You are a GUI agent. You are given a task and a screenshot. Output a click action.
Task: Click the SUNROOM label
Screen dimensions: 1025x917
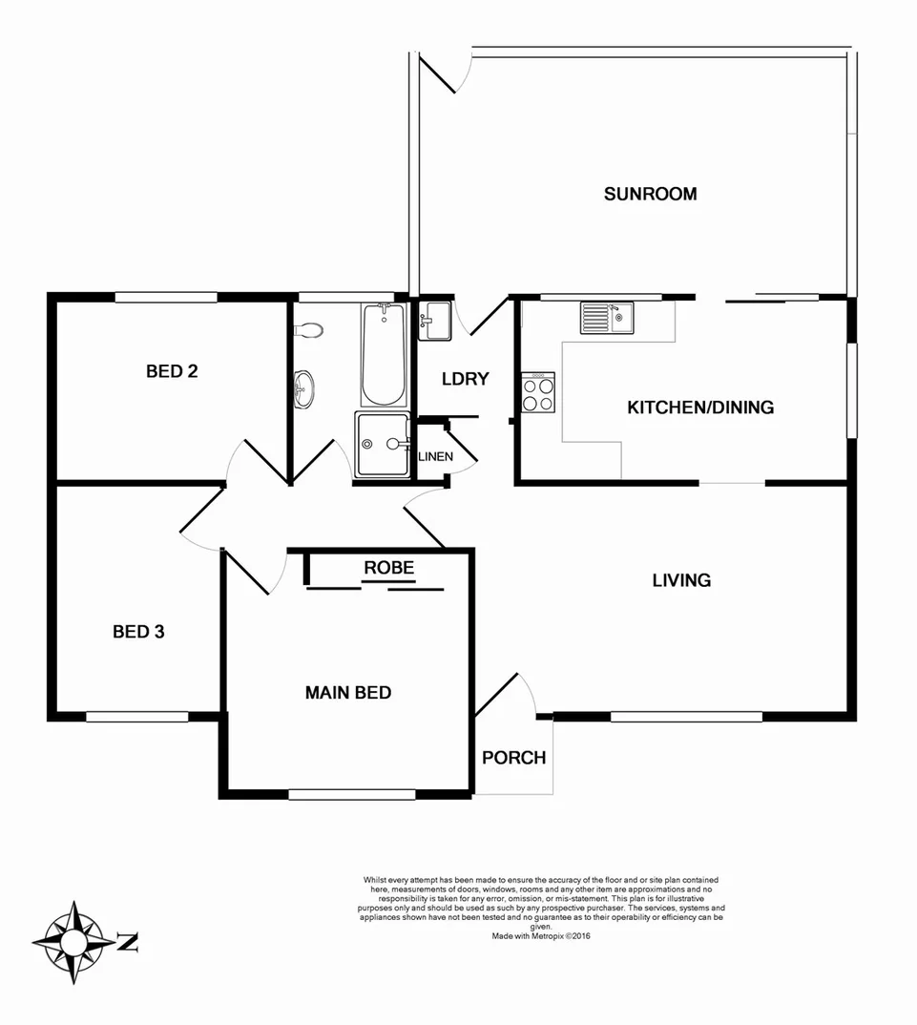point(650,194)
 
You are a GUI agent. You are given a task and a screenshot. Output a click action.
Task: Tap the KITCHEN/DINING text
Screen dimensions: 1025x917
point(699,408)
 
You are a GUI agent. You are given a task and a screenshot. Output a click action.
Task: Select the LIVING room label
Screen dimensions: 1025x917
point(681,579)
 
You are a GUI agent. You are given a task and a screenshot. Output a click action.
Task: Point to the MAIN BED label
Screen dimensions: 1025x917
point(348,692)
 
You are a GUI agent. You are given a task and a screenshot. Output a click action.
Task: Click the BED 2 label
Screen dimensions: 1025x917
point(172,370)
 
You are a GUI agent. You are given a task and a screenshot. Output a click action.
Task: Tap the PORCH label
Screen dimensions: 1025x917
point(513,758)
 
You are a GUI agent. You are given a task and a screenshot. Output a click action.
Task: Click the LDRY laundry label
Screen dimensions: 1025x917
point(465,379)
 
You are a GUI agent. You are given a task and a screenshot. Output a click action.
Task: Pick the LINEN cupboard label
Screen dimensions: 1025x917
point(435,457)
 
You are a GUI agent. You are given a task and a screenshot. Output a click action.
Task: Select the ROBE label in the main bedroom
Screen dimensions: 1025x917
point(388,568)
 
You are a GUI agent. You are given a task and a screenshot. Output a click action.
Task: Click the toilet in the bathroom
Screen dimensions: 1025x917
point(308,330)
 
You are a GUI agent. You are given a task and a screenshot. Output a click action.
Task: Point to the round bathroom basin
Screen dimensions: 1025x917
point(304,387)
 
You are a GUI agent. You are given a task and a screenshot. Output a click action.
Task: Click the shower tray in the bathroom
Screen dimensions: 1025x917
point(382,444)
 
